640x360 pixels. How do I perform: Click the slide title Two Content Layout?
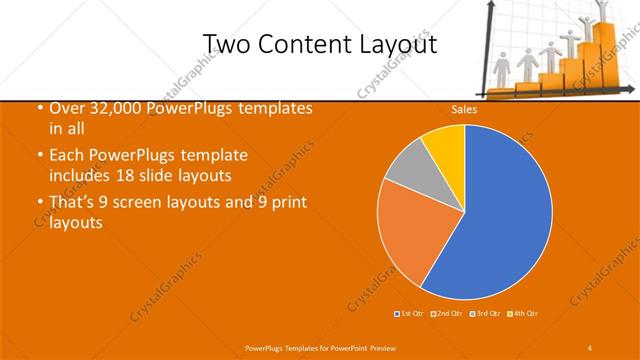pos(319,44)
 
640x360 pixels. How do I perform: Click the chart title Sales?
pos(463,110)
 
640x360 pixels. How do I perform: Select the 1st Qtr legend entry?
pos(410,314)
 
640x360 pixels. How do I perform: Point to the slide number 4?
pos(590,347)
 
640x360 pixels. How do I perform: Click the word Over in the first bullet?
pos(67,108)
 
